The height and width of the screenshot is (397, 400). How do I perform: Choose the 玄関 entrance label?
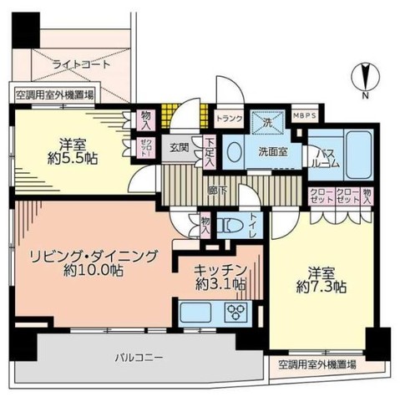click(x=180, y=147)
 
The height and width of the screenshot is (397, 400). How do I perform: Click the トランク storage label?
click(x=229, y=119)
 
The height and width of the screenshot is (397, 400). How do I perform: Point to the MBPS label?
click(x=306, y=119)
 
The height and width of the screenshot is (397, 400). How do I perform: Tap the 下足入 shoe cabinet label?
click(x=209, y=152)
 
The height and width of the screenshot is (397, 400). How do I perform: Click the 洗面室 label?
click(x=273, y=153)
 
